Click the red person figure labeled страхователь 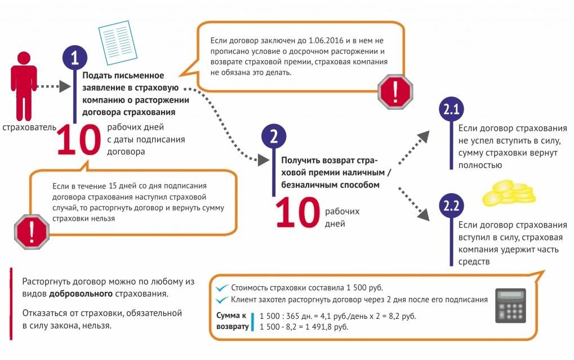24,86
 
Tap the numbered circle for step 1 75,58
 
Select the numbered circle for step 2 274,136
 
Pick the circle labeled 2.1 451,109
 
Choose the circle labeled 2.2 451,206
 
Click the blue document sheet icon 118,42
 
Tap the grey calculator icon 510,305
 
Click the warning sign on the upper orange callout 395,92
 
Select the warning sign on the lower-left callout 32,232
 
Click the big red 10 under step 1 79,140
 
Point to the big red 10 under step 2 297,212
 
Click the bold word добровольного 81,294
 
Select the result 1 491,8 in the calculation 319,327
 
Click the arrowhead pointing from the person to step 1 65,86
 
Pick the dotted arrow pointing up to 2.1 413,148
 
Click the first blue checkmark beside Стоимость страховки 222,288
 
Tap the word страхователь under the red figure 29,127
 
